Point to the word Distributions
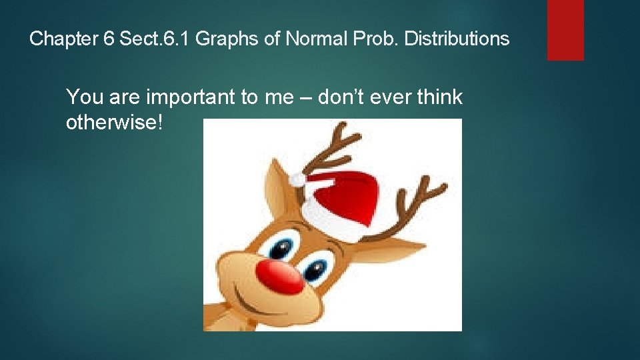tap(457, 39)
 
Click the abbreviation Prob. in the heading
tap(375, 39)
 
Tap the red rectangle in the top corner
tap(565, 29)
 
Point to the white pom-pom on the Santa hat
tap(297, 179)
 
